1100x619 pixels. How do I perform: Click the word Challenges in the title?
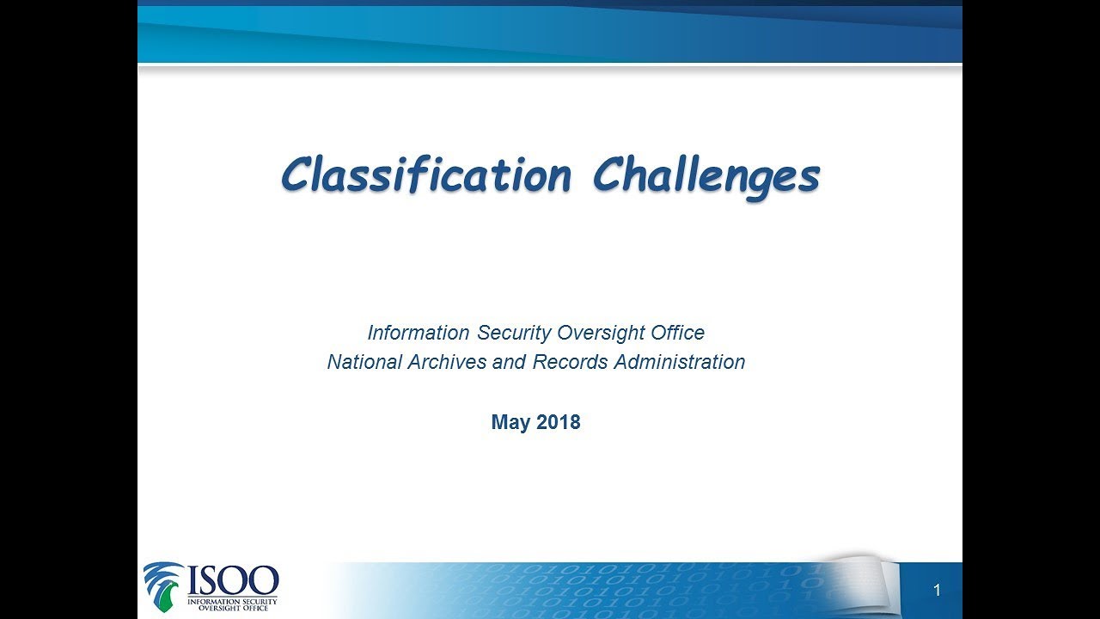click(706, 177)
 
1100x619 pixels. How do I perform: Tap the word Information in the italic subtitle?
click(419, 333)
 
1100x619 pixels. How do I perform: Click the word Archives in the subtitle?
click(447, 362)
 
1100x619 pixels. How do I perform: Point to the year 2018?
click(559, 423)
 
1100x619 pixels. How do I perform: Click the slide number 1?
click(937, 591)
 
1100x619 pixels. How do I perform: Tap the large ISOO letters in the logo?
click(233, 579)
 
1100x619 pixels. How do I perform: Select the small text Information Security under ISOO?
click(232, 601)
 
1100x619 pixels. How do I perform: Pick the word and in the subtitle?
click(512, 362)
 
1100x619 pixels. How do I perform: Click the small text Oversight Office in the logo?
click(232, 609)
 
